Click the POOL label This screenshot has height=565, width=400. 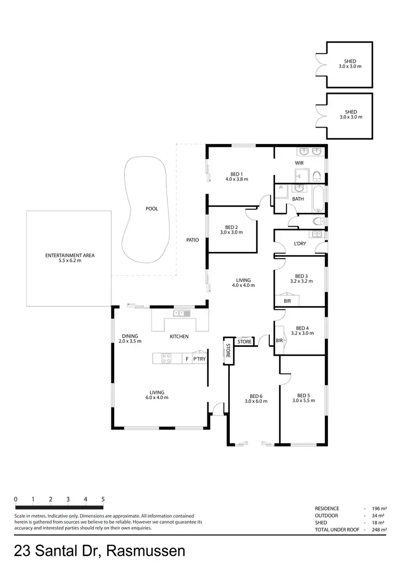[152, 209]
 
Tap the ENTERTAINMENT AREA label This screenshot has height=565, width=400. [70, 256]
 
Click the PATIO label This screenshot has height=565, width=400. [193, 240]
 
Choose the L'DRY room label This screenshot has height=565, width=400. [299, 244]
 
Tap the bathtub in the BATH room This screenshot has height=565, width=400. [318, 198]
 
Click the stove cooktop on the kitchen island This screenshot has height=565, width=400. [166, 359]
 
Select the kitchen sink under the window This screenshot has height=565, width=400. [182, 314]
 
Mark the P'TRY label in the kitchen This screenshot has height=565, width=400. [199, 360]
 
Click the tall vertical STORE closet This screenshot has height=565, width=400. [228, 352]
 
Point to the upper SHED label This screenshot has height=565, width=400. [350, 61]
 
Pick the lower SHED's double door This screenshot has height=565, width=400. [319, 115]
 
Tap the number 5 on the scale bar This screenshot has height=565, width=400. [102, 499]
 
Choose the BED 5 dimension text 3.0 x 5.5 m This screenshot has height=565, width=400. [303, 401]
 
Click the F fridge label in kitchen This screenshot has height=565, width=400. [186, 360]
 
